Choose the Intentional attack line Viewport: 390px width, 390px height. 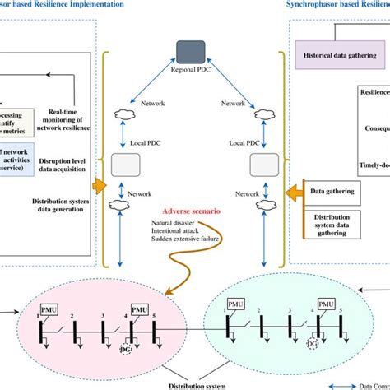(175, 233)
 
